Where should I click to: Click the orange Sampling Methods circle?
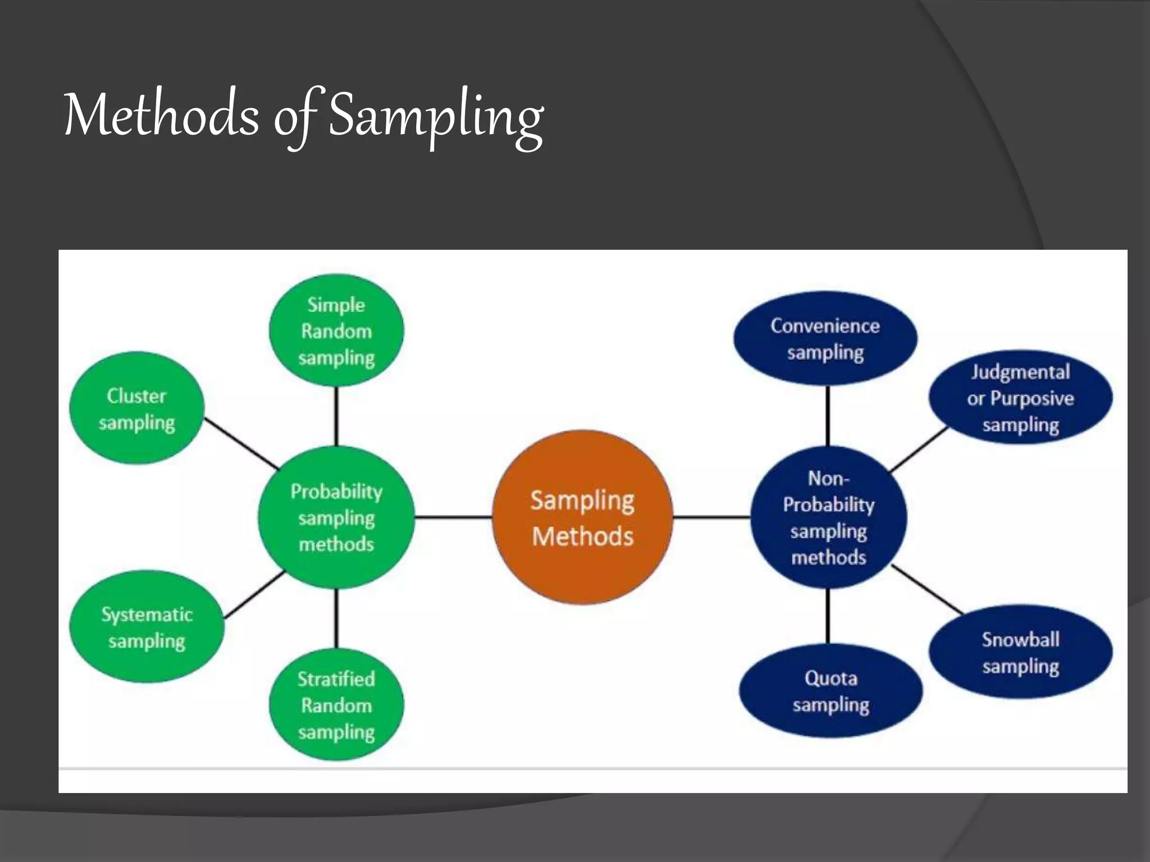pyautogui.click(x=582, y=517)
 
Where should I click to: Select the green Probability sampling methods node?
pyautogui.click(x=336, y=517)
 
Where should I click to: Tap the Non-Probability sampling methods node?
pyautogui.click(x=828, y=517)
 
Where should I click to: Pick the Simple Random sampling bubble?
pyautogui.click(x=336, y=331)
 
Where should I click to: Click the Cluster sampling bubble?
pyautogui.click(x=136, y=409)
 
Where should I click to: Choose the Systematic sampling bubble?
pyautogui.click(x=147, y=627)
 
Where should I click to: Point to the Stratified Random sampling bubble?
pyautogui.click(x=336, y=705)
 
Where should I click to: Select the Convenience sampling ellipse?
pyautogui.click(x=825, y=338)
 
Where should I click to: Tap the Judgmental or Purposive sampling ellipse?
pyautogui.click(x=1020, y=398)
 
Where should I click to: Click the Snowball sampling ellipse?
pyautogui.click(x=1020, y=652)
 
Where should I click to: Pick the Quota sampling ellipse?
pyautogui.click(x=830, y=691)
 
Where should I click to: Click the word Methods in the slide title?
pyautogui.click(x=162, y=115)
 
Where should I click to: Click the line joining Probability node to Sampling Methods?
pyautogui.click(x=453, y=517)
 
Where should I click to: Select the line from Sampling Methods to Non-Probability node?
pyautogui.click(x=711, y=517)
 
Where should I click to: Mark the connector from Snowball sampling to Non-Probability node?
pyautogui.click(x=928, y=590)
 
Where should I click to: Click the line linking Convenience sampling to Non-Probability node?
pyautogui.click(x=828, y=416)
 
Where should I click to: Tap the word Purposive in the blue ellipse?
pyautogui.click(x=1032, y=398)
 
